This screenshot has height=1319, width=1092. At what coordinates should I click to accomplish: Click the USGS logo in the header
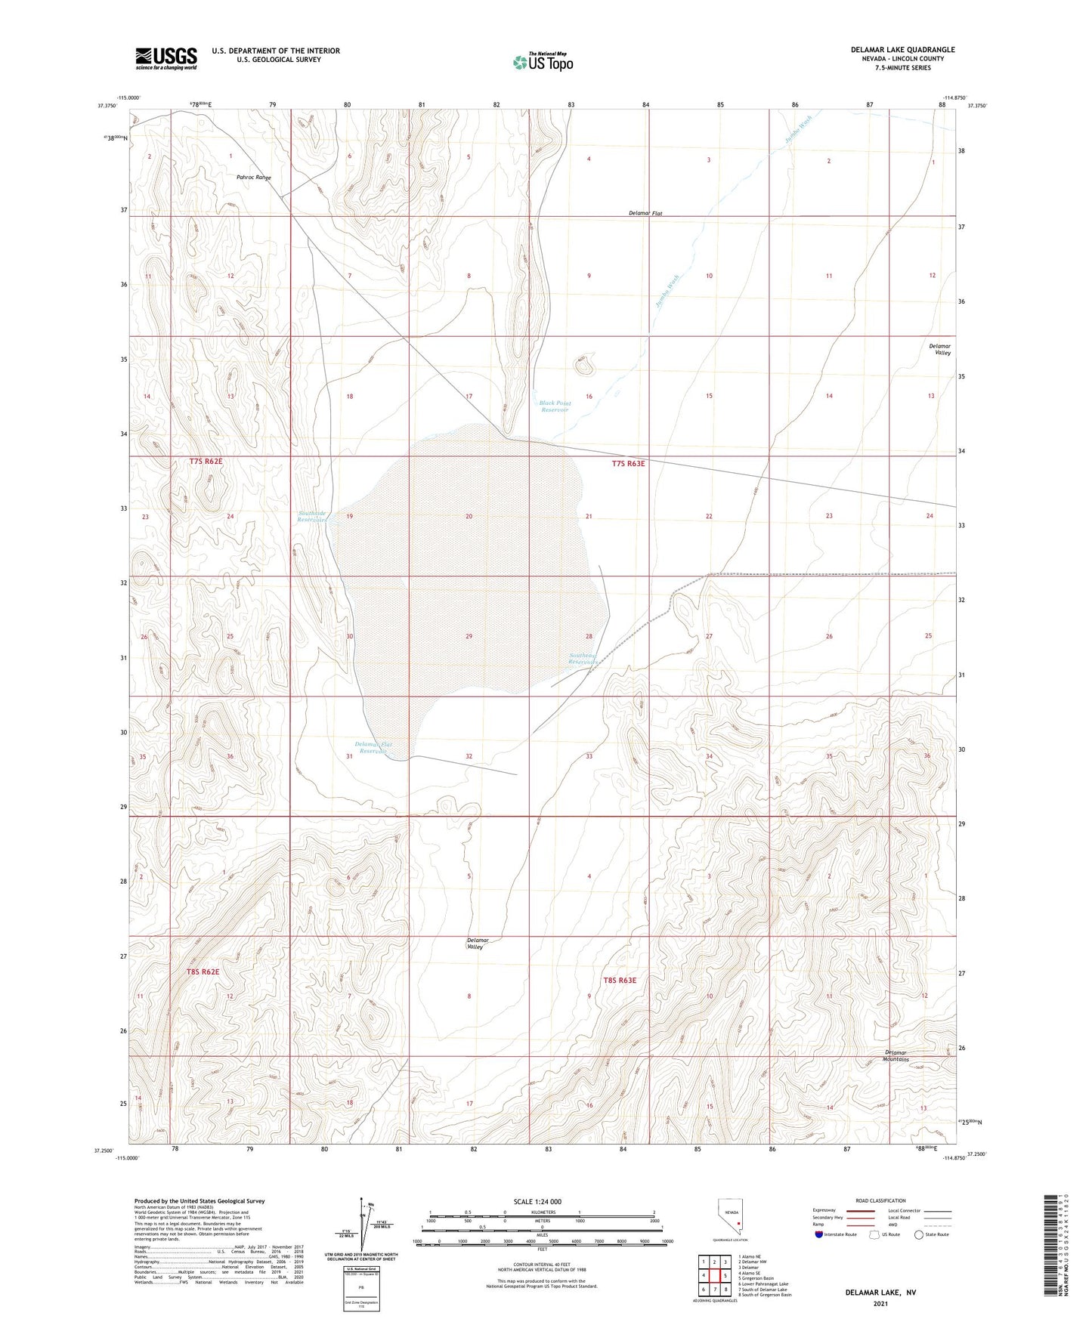(x=166, y=57)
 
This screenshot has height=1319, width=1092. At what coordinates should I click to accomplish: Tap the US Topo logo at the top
(x=543, y=62)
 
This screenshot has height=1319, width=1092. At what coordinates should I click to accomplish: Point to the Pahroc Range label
(x=253, y=178)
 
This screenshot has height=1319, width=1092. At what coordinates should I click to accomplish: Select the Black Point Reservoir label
(x=555, y=406)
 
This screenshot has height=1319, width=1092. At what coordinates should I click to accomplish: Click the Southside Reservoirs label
(x=313, y=517)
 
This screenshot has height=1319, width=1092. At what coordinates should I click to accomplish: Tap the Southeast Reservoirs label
(x=583, y=659)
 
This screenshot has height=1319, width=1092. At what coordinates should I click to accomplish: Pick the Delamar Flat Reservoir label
(x=374, y=748)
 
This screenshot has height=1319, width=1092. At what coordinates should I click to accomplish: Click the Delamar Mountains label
(x=896, y=1055)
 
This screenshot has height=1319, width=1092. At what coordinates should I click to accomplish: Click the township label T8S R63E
(x=620, y=981)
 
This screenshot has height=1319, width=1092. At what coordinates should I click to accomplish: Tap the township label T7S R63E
(x=628, y=464)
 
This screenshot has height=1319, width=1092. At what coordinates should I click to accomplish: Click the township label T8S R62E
(x=203, y=971)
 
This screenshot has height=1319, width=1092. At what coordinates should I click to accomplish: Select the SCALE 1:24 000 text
(x=537, y=1201)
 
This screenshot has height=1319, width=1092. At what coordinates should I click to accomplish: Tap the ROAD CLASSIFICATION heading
(x=880, y=1200)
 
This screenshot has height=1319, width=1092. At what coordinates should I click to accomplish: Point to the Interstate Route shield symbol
(x=821, y=1234)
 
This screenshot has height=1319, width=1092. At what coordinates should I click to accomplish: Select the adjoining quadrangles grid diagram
(x=713, y=1277)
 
